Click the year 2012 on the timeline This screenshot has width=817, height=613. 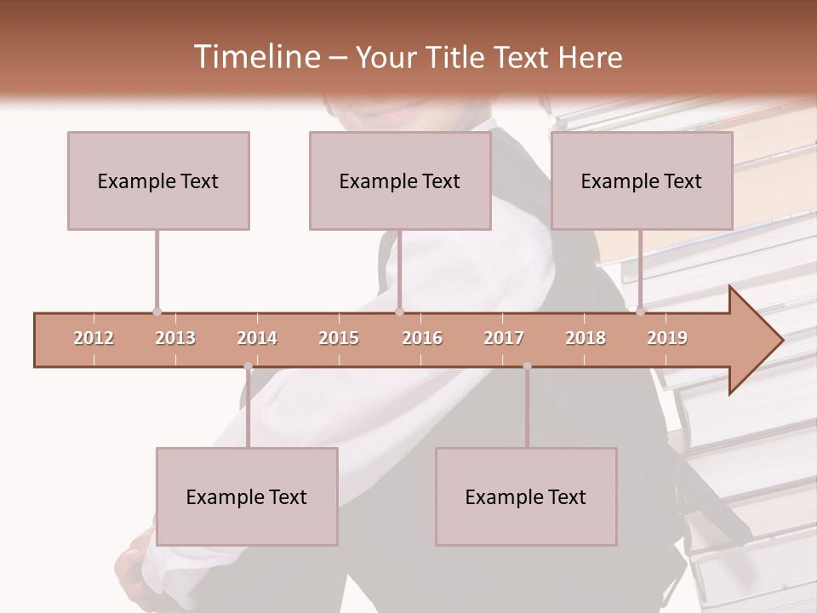[94, 338]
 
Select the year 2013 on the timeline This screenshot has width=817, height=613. [175, 338]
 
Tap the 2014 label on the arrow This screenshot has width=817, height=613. [257, 338]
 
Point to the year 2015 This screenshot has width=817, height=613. [339, 338]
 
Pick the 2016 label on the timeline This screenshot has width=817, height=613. [422, 338]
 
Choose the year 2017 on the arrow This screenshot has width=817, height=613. [504, 338]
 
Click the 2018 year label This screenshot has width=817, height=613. [586, 338]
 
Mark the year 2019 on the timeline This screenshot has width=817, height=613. [667, 338]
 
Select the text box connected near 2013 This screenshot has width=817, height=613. [158, 180]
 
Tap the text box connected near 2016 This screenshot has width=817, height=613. [400, 180]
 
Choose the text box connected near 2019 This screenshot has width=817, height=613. [642, 180]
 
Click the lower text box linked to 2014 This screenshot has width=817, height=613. [247, 496]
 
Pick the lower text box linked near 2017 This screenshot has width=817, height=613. [526, 496]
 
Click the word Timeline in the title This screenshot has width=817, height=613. [255, 57]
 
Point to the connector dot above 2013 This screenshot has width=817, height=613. [157, 312]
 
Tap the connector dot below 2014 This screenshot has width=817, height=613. [248, 366]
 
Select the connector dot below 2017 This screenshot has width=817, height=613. [527, 366]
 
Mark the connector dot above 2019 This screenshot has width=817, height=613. [640, 312]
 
